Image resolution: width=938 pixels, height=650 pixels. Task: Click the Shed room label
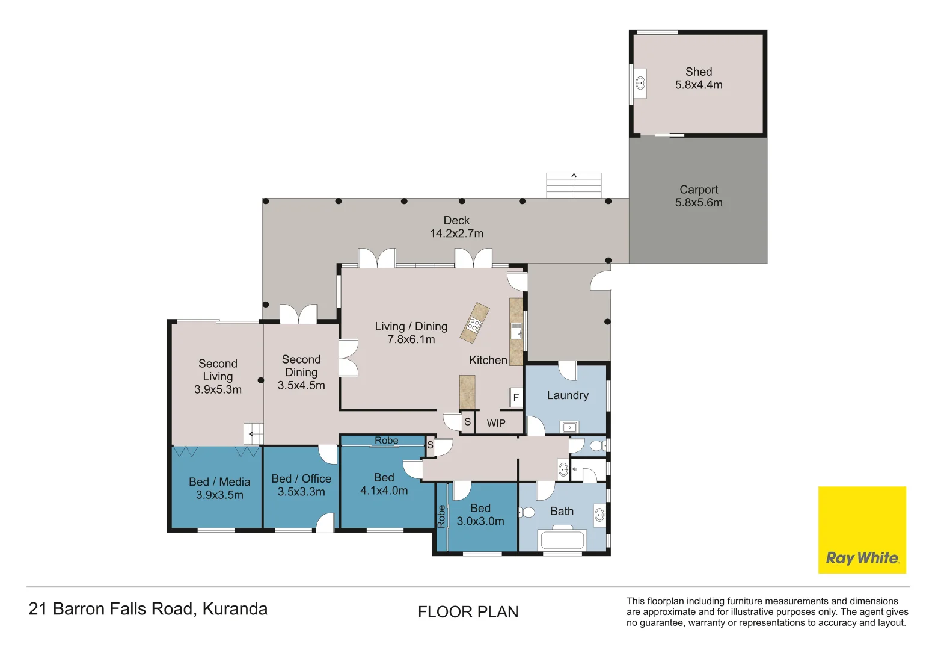698,72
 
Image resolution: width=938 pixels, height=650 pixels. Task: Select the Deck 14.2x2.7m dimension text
456,234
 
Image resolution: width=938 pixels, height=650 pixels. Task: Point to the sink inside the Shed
640,83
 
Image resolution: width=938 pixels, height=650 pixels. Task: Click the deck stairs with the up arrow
574,185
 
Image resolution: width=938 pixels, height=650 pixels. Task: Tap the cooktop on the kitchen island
474,325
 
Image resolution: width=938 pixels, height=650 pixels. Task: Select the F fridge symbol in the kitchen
515,397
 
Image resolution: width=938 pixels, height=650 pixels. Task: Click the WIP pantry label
496,423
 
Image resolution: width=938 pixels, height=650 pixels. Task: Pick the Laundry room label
568,395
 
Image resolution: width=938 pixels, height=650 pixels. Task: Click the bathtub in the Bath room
562,539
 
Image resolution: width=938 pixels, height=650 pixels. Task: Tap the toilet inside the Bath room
527,512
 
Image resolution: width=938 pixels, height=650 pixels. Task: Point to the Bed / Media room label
219,482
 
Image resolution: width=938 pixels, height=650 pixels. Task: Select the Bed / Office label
301,478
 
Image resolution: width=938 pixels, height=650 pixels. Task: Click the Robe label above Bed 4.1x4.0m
386,441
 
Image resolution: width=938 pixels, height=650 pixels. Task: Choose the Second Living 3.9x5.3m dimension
218,389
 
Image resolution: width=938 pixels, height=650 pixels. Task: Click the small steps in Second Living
254,433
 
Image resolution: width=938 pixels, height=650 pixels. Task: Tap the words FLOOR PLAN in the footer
468,612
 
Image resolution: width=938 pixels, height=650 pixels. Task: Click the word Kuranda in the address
234,609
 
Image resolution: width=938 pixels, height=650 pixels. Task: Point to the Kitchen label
488,360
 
